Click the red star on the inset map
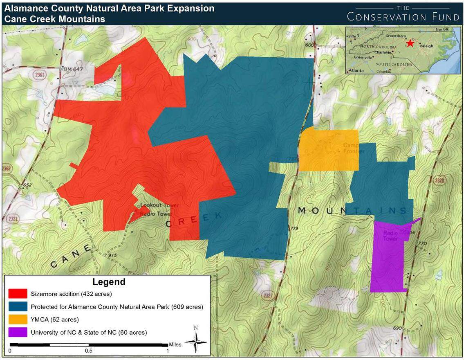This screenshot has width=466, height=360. pyautogui.click(x=410, y=43)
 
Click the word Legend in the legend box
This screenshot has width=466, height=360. pyautogui.click(x=109, y=282)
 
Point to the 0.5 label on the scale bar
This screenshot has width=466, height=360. pyautogui.click(x=89, y=351)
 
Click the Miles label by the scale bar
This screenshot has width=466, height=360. pyautogui.click(x=175, y=345)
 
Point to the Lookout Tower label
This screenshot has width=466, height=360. pyautogui.click(x=154, y=205)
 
